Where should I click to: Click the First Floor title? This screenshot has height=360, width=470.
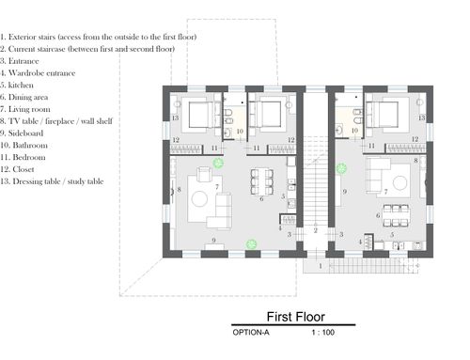(295, 317)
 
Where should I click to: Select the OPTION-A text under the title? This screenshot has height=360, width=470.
(251, 333)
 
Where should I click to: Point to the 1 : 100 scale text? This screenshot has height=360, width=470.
(323, 333)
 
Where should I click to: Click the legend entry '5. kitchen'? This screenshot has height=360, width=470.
(17, 86)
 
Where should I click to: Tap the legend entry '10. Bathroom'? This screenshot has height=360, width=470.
(23, 146)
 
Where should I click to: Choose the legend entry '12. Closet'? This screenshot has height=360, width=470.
(17, 169)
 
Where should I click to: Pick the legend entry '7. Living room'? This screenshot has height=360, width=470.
(25, 109)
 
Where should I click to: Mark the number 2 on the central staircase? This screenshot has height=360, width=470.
(316, 230)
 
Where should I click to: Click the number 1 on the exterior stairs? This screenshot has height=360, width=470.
(321, 266)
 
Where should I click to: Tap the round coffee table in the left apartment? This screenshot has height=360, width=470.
(199, 199)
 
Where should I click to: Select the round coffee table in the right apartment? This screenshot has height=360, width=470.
(400, 183)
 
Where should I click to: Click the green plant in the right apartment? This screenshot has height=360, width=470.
(341, 168)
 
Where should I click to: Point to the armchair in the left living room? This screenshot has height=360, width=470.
(204, 174)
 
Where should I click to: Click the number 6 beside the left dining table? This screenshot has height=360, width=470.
(261, 199)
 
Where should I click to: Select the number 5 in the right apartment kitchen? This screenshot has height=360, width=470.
(392, 235)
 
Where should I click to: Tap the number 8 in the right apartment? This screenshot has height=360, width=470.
(415, 161)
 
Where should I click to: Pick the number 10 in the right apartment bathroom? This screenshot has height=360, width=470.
(354, 131)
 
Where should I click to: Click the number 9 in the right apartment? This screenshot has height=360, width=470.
(345, 192)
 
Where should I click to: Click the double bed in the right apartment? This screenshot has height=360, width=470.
(388, 115)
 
